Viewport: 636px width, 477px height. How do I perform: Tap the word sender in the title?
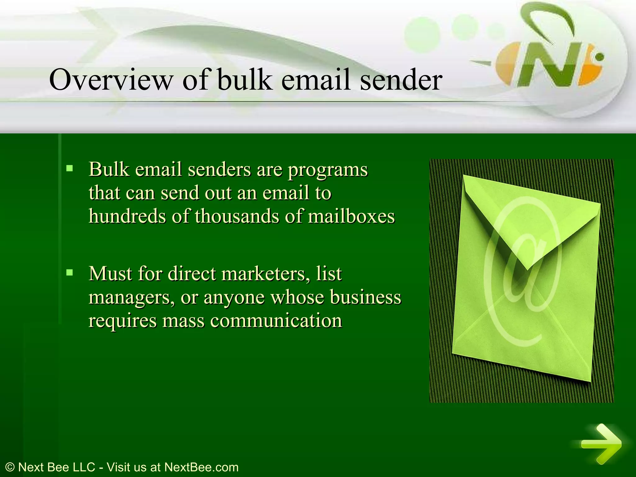(x=401, y=80)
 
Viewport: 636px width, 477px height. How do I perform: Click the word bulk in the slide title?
(x=244, y=80)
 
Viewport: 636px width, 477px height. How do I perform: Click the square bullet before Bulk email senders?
(x=70, y=169)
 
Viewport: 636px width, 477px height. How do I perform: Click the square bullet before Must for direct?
(x=70, y=273)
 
